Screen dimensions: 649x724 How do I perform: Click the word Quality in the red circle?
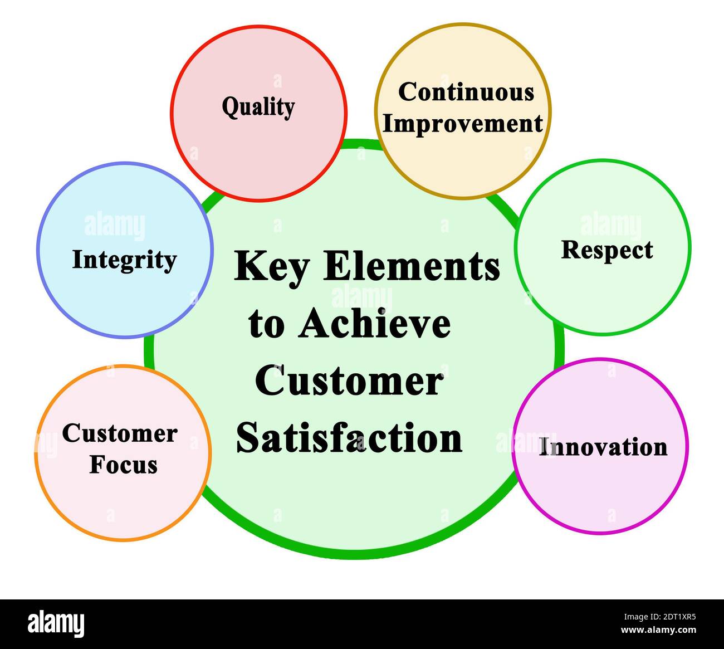(258, 106)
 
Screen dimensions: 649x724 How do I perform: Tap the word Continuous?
(466, 92)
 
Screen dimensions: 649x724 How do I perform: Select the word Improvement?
(462, 124)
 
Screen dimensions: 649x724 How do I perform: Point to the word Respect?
(606, 250)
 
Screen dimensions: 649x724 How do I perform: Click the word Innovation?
(603, 447)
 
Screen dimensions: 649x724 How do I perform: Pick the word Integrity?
(124, 260)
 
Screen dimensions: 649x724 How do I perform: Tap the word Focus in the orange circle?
(124, 465)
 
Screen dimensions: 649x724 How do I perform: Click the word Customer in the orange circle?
(119, 433)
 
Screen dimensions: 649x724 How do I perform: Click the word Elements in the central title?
(412, 266)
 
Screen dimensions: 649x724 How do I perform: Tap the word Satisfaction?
(349, 438)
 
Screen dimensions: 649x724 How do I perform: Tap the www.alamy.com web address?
(658, 631)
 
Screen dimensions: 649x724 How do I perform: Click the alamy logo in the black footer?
(56, 623)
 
